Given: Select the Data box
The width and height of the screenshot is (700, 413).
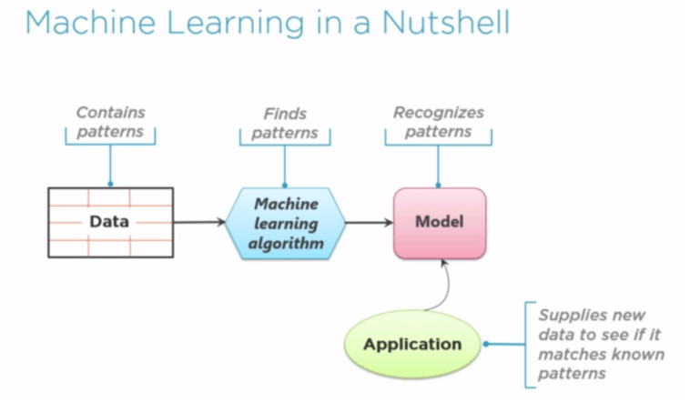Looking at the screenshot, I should (x=109, y=221).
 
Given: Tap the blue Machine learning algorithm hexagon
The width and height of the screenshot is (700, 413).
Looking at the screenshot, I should (x=285, y=223).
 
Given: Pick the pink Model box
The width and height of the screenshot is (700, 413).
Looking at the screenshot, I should (x=439, y=222).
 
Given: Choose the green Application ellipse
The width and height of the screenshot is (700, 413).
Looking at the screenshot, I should (x=412, y=344).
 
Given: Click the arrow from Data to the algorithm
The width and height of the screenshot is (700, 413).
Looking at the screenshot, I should (x=198, y=221).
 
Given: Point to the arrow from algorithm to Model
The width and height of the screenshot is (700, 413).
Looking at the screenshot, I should (x=369, y=222).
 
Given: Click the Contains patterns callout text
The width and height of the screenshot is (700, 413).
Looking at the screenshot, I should (x=110, y=122).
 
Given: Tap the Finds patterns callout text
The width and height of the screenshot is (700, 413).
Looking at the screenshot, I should (x=285, y=124).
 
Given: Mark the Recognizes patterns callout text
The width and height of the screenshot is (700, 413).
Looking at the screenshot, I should (x=438, y=122).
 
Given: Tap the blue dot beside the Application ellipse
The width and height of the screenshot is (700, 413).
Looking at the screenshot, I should (x=487, y=344).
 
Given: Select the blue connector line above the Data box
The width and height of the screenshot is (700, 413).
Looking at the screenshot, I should (x=110, y=166).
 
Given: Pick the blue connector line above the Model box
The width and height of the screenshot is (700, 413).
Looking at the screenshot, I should (x=438, y=166).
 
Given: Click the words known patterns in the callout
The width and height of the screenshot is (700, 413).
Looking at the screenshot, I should (x=601, y=364).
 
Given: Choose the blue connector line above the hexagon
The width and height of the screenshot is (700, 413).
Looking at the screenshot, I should (x=285, y=166).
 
